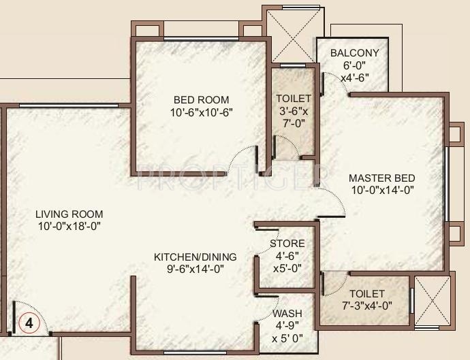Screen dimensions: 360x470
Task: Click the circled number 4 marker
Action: tap(29, 323)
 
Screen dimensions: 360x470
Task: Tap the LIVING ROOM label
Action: tap(69, 214)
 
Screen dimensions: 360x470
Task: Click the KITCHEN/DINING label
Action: tap(195, 257)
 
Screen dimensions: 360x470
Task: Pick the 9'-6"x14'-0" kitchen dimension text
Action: tap(195, 269)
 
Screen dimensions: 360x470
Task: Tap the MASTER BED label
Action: tap(381, 178)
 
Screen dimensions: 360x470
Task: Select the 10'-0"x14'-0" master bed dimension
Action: tap(381, 191)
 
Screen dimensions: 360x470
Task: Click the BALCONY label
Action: tap(354, 53)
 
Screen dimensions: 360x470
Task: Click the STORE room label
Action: tap(287, 243)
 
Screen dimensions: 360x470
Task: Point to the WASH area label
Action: tap(287, 314)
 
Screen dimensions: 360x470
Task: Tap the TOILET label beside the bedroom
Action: tap(294, 99)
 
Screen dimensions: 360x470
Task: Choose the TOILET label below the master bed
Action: tap(367, 293)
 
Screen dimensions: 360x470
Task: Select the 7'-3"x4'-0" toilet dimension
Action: tap(367, 306)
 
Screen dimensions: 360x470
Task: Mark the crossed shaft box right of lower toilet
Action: tap(433, 299)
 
